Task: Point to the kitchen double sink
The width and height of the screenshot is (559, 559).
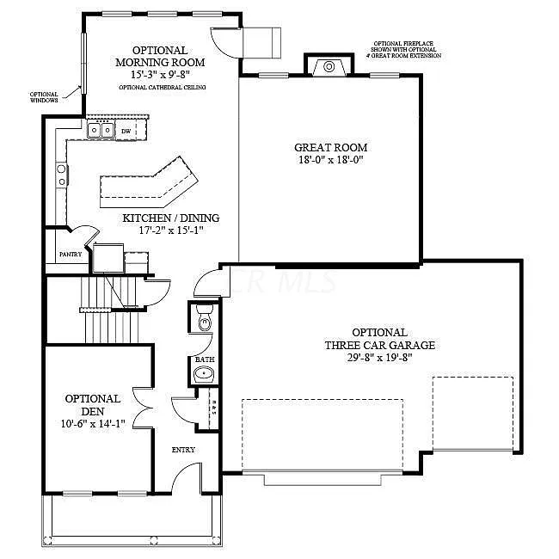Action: coord(101,131)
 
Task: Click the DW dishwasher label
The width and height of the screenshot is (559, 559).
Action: coord(126,132)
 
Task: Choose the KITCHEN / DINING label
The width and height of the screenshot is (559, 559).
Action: coord(169,218)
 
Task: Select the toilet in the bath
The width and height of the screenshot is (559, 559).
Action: coord(203,321)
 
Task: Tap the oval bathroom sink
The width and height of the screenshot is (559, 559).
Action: coord(204,373)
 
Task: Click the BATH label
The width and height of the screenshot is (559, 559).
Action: coord(204,359)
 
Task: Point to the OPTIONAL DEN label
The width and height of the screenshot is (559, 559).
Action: coord(93,404)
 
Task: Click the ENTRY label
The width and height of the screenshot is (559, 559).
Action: coord(183,450)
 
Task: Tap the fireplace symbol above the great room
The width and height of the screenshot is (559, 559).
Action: coord(328,67)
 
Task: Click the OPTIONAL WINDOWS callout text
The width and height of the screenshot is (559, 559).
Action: coord(44,97)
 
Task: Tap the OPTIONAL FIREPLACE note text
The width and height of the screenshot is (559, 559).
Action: coord(407,48)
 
